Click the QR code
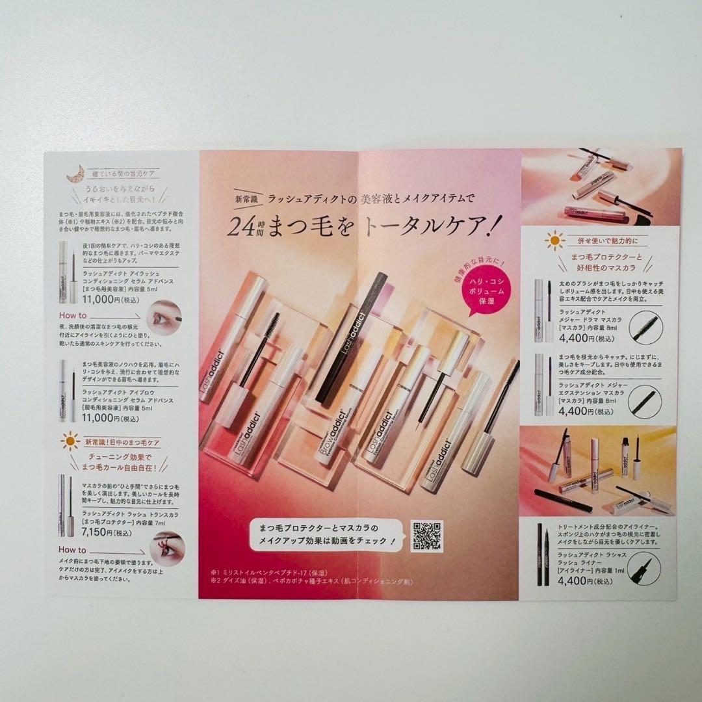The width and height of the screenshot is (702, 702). (427, 536)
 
